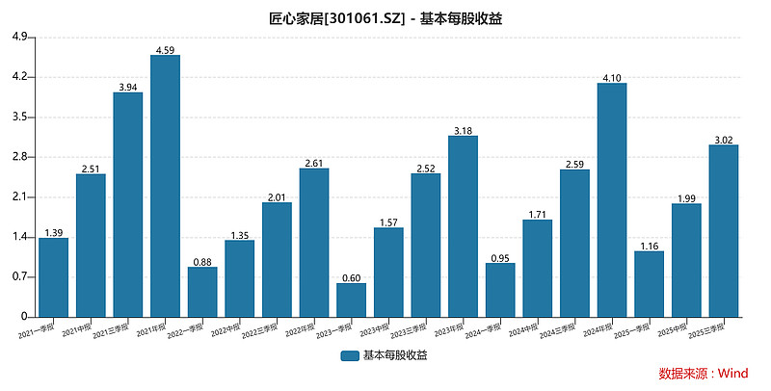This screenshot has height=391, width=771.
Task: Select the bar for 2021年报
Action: (165, 186)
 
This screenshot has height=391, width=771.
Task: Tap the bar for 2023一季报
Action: (351, 300)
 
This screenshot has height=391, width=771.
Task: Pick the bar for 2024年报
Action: (612, 199)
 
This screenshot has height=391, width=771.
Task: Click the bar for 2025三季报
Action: (724, 230)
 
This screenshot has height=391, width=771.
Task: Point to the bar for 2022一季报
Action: (202, 292)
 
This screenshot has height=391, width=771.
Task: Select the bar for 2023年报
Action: (463, 225)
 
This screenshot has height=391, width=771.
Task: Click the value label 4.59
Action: (165, 49)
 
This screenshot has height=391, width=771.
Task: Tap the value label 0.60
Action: (351, 277)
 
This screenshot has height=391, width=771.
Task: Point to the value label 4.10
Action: (612, 77)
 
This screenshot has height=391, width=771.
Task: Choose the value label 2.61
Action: (314, 162)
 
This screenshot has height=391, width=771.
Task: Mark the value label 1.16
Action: (649, 245)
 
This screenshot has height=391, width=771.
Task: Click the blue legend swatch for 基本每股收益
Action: (350, 355)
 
